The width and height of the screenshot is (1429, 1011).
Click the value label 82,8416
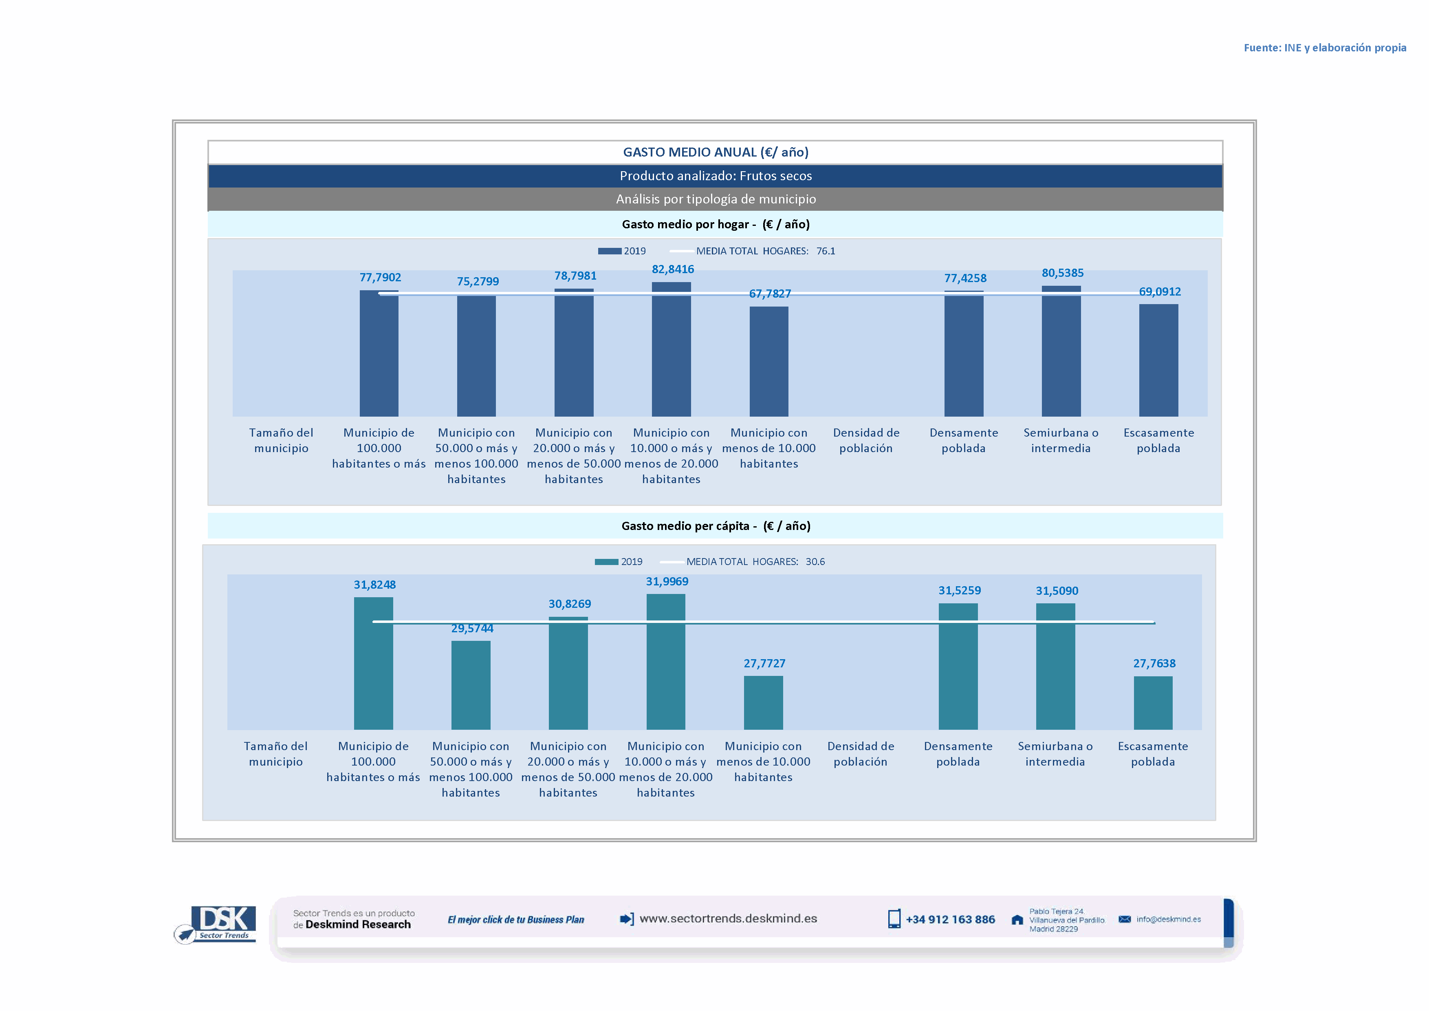tap(672, 269)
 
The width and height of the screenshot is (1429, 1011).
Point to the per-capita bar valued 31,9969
tap(665, 661)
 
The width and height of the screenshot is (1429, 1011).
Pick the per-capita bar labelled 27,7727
tap(763, 702)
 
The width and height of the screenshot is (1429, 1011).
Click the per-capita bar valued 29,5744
tap(471, 685)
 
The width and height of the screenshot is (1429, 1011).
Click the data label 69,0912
tap(1160, 292)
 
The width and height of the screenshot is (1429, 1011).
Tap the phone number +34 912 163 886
tap(950, 920)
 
